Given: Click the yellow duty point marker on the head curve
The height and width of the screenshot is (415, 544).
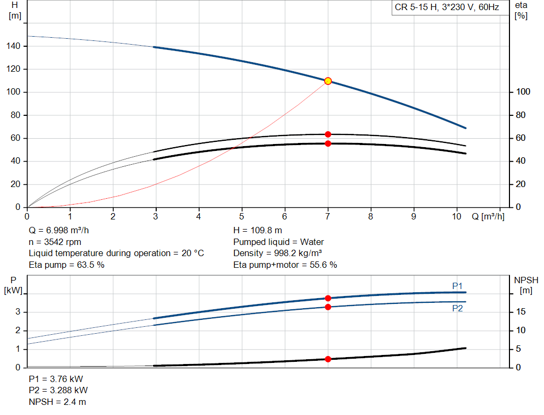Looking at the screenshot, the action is [x=328, y=81].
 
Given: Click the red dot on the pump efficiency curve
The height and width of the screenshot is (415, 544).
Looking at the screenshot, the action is [x=328, y=134].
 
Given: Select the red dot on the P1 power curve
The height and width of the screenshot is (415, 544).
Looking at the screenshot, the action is [x=328, y=299].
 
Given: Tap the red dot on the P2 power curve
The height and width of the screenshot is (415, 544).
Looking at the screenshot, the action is [x=328, y=307].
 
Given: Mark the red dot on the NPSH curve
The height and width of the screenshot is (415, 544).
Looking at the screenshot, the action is [x=328, y=359].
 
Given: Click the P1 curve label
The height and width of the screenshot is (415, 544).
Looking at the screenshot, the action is [x=457, y=286].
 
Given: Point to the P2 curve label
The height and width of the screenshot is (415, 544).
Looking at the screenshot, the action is [x=457, y=309].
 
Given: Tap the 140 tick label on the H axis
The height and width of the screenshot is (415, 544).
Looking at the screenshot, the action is [x=13, y=46].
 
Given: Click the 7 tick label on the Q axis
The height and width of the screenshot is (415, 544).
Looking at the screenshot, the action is [x=327, y=216].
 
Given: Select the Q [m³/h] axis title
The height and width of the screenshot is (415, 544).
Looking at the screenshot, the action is [x=488, y=216].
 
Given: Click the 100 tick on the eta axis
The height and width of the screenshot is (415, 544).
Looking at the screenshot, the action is [x=523, y=91].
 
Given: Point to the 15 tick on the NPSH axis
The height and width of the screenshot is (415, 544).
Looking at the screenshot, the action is [x=521, y=311].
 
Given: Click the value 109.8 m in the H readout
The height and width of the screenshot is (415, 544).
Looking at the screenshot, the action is [x=266, y=231].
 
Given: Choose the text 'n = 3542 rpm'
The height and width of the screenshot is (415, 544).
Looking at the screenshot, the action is [x=55, y=242].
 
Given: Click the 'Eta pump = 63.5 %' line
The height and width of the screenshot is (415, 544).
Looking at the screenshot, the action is [x=66, y=265].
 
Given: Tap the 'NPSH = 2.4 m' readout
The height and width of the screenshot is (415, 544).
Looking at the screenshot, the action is [x=57, y=402].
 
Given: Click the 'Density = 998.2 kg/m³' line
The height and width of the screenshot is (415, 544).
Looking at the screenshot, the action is [x=277, y=253].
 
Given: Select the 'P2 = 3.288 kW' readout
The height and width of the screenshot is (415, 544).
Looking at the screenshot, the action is [x=58, y=391].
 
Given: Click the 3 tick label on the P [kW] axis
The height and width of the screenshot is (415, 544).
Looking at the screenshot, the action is [x=18, y=311].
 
